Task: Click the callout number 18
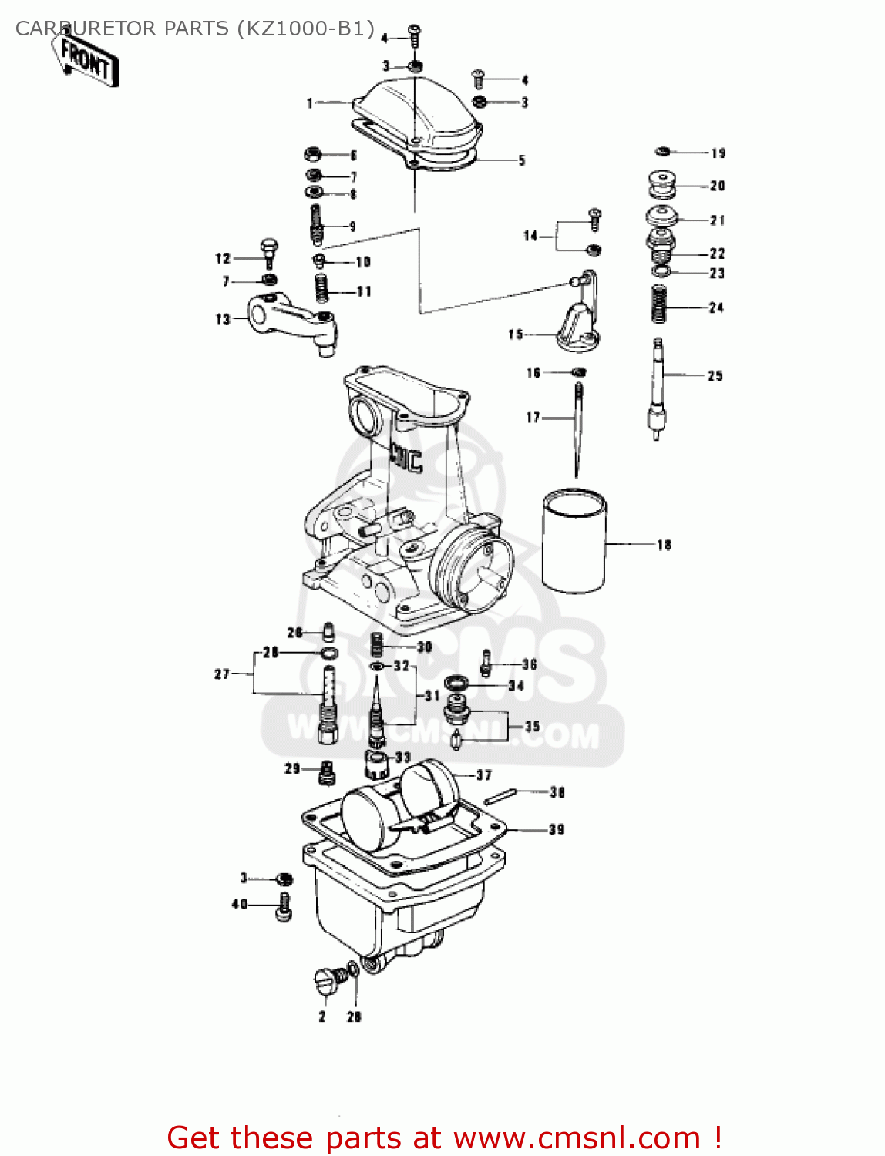[x=664, y=545]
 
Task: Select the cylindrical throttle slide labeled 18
[x=574, y=542]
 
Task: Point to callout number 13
[x=222, y=319]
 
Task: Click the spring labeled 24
[x=658, y=304]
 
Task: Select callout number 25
[x=715, y=376]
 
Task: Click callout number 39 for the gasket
[x=557, y=830]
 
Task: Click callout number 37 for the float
[x=483, y=775]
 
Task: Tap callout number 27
[x=221, y=674]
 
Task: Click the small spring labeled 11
[x=322, y=288]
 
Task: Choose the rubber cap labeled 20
[x=662, y=185]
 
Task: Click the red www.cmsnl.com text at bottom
[x=577, y=1138]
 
